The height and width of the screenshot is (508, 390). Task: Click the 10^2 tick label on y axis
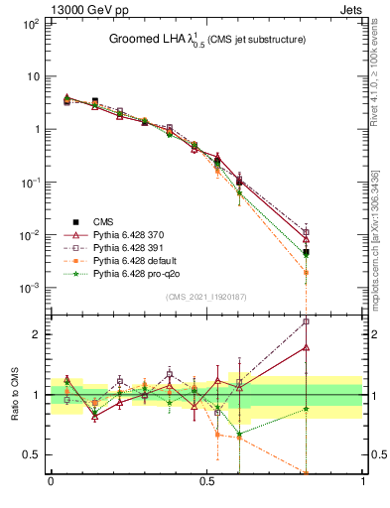31,23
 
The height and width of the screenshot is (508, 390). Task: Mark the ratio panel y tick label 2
38,334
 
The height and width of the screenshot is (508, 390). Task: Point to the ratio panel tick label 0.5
33,454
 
